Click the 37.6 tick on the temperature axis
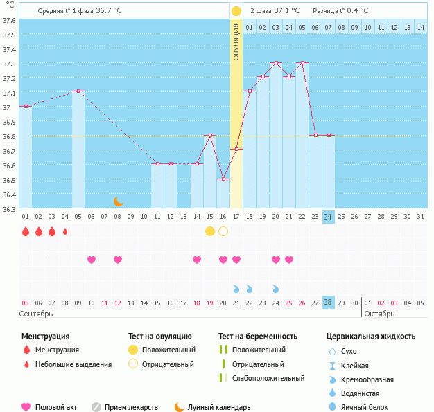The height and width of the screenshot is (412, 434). tap(9, 20)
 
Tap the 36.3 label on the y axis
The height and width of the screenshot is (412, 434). tap(9, 209)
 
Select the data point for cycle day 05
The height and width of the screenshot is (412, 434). tap(78, 91)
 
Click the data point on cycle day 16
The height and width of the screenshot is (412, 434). tap(223, 179)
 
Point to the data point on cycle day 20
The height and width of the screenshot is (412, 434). tap(276, 63)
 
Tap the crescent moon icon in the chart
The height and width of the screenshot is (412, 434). tap(119, 201)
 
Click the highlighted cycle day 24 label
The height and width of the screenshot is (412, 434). tap(329, 216)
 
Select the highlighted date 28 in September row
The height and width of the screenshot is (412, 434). tap(329, 303)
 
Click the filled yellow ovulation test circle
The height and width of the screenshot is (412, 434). tap(210, 231)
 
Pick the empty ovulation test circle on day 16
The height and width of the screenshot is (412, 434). tap(223, 231)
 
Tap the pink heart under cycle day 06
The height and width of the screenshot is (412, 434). tap(92, 260)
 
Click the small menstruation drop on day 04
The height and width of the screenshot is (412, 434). tap(65, 231)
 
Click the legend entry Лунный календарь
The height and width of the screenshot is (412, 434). tap(219, 408)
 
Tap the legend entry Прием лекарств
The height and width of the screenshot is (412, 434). tap(131, 408)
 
